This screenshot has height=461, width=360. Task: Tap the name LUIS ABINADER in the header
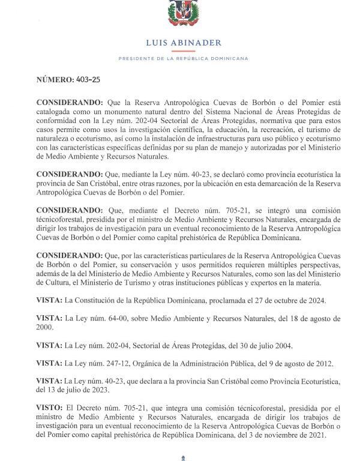click(x=183, y=43)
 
